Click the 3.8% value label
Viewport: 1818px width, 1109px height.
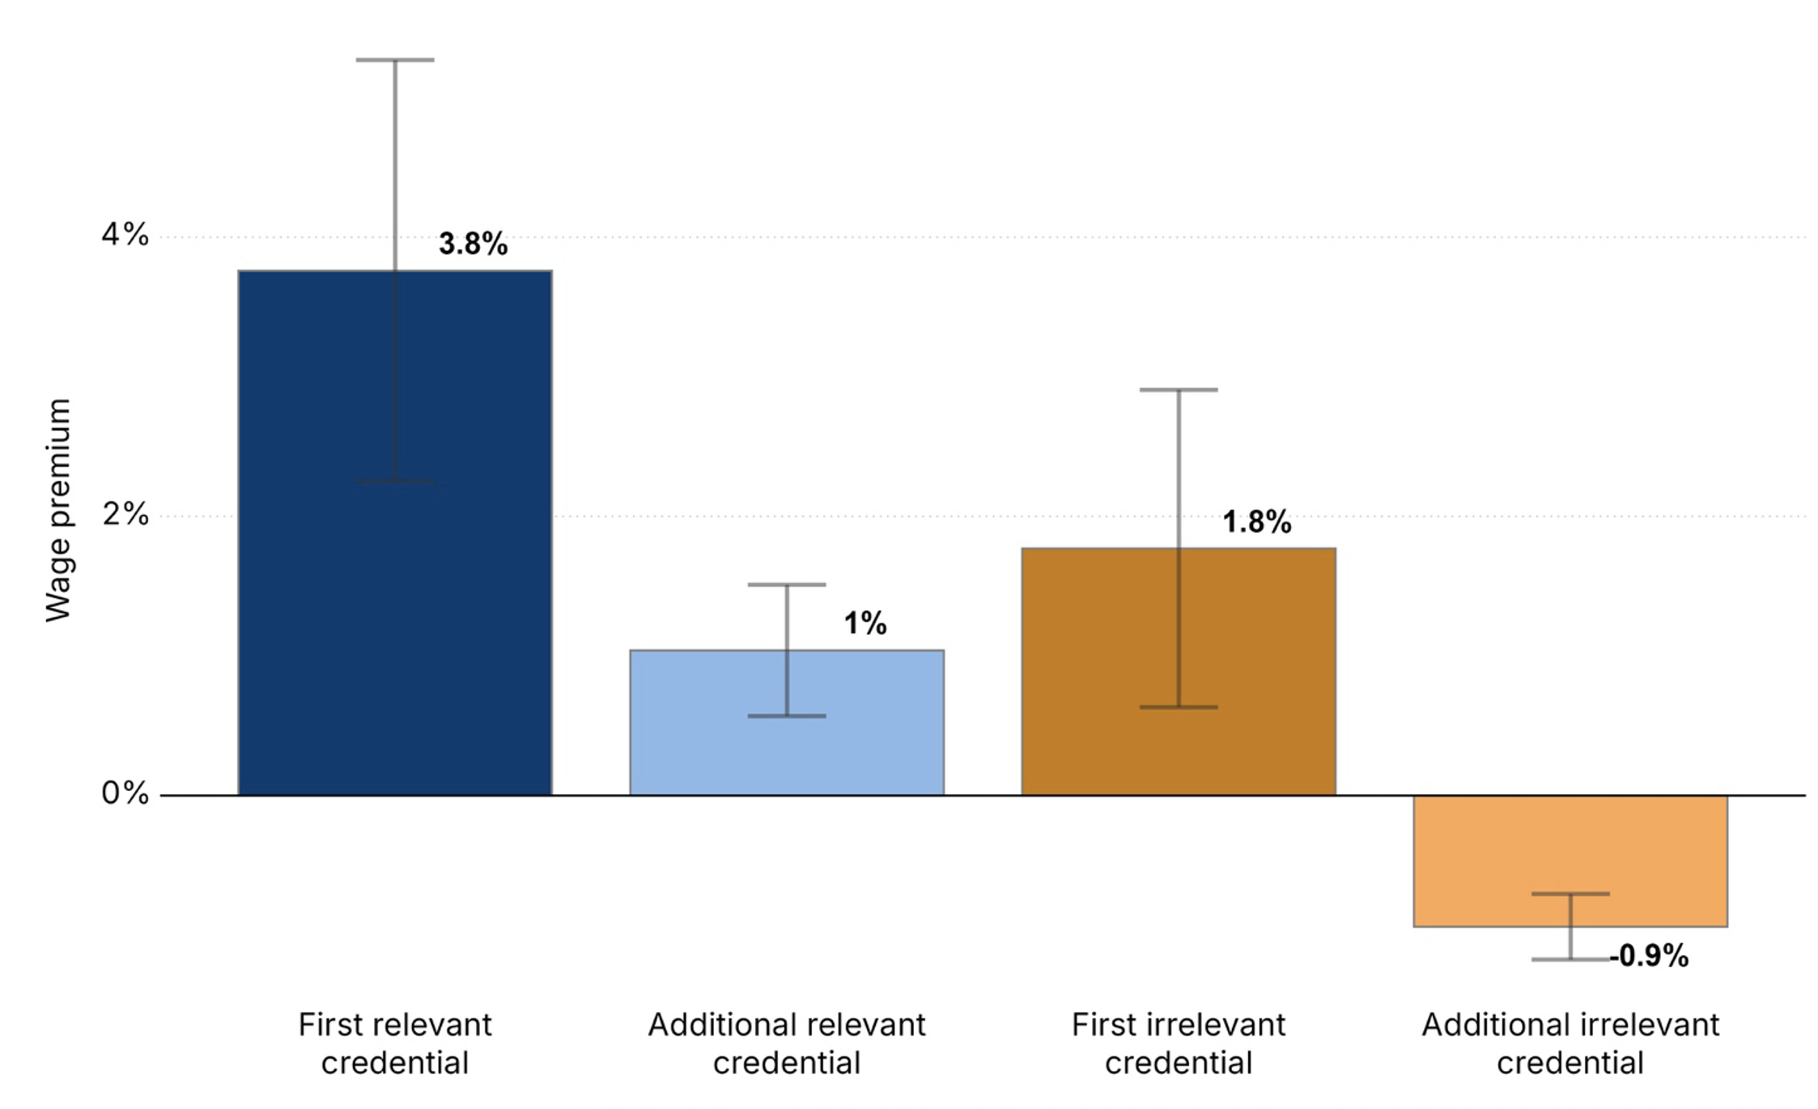[x=473, y=244]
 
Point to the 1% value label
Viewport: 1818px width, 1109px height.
[x=864, y=623]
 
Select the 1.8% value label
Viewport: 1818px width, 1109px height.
[x=1256, y=522]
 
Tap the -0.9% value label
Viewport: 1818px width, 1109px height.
[x=1649, y=956]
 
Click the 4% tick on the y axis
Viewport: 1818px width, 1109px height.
[x=125, y=235]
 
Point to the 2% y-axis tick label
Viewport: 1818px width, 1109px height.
[x=125, y=514]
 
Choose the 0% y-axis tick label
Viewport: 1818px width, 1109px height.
[x=125, y=793]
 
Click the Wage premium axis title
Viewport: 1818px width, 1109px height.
[x=58, y=510]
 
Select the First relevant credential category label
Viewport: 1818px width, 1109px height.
[x=395, y=1043]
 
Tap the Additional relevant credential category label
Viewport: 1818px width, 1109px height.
[x=787, y=1043]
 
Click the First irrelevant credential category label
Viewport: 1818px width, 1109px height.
[x=1179, y=1043]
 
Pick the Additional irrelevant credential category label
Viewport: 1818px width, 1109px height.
[x=1570, y=1043]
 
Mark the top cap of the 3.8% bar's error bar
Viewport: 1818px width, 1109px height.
[x=395, y=60]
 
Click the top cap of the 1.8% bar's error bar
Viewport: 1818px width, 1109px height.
[x=1179, y=389]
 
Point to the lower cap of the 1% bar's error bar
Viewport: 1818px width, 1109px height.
[x=787, y=716]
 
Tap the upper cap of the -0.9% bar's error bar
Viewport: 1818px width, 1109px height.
[x=1570, y=894]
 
